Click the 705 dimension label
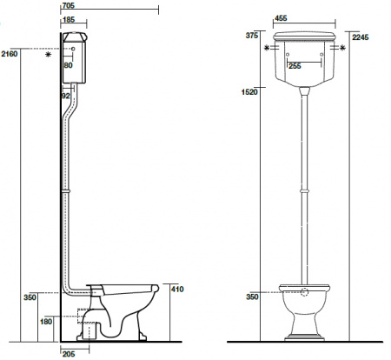pyautogui.click(x=69, y=5)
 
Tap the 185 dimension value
pyautogui.click(x=69, y=20)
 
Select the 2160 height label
pyautogui.click(x=10, y=54)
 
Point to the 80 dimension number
pyautogui.click(x=69, y=65)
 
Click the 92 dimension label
pyautogui.click(x=66, y=96)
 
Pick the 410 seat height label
pyautogui.click(x=177, y=289)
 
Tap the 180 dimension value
pyautogui.click(x=46, y=321)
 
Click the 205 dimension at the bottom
pyautogui.click(x=69, y=354)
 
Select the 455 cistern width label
pyautogui.click(x=281, y=18)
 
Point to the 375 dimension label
pyautogui.click(x=251, y=36)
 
